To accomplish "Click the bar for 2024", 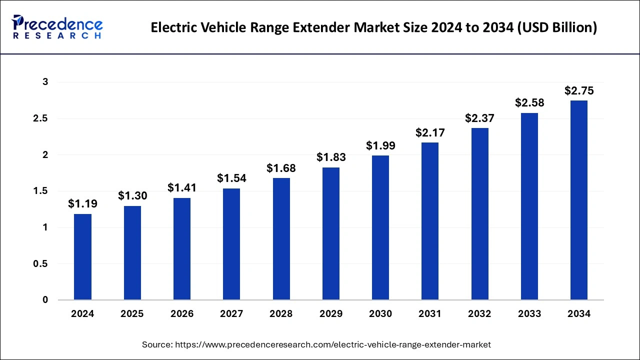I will (82, 257).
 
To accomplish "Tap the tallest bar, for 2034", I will (579, 200).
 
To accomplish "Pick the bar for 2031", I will (430, 221).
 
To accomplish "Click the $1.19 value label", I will (82, 204).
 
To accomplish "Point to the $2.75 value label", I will (579, 91).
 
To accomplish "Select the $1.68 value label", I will (281, 168).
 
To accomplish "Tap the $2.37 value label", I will (479, 118).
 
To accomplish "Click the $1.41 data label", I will (182, 188).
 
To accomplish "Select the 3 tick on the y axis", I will (44, 82).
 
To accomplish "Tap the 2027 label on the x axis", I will (231, 314).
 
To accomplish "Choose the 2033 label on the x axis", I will (529, 314).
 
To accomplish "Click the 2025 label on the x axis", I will (132, 314).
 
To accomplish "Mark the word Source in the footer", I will (156, 344).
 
